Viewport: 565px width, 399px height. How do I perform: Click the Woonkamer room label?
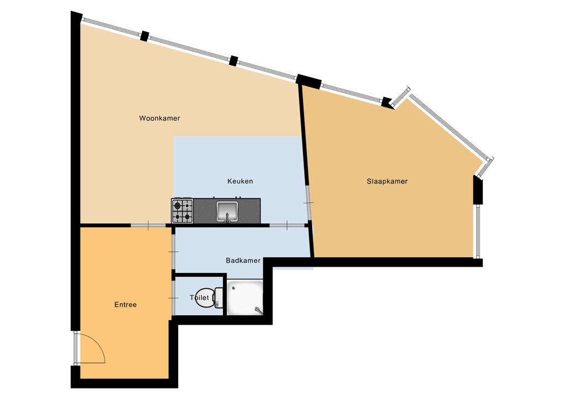[159, 118]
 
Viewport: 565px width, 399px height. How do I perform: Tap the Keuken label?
[240, 181]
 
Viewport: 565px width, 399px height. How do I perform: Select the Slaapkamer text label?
[387, 181]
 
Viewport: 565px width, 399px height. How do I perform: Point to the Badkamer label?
[243, 260]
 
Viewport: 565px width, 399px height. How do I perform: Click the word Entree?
[125, 305]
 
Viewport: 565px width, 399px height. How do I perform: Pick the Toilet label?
[199, 298]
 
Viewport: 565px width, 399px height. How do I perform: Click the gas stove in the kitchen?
[182, 211]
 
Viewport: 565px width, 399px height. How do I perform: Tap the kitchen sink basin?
[227, 211]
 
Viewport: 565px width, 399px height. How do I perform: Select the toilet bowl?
[205, 298]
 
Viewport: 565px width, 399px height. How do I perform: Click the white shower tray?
[244, 298]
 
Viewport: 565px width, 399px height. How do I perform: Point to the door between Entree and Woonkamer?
[148, 225]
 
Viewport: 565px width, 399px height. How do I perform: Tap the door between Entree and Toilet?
[173, 298]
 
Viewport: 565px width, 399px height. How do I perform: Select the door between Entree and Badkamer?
[173, 251]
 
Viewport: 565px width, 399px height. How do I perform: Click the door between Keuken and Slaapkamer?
[308, 203]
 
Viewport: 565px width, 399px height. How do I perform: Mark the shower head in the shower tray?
[258, 310]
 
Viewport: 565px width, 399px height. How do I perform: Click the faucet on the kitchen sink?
[227, 218]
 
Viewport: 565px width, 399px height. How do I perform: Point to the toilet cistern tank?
[218, 298]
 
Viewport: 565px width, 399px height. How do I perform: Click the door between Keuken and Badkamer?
[287, 225]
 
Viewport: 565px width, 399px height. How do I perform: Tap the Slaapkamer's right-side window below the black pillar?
[478, 231]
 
